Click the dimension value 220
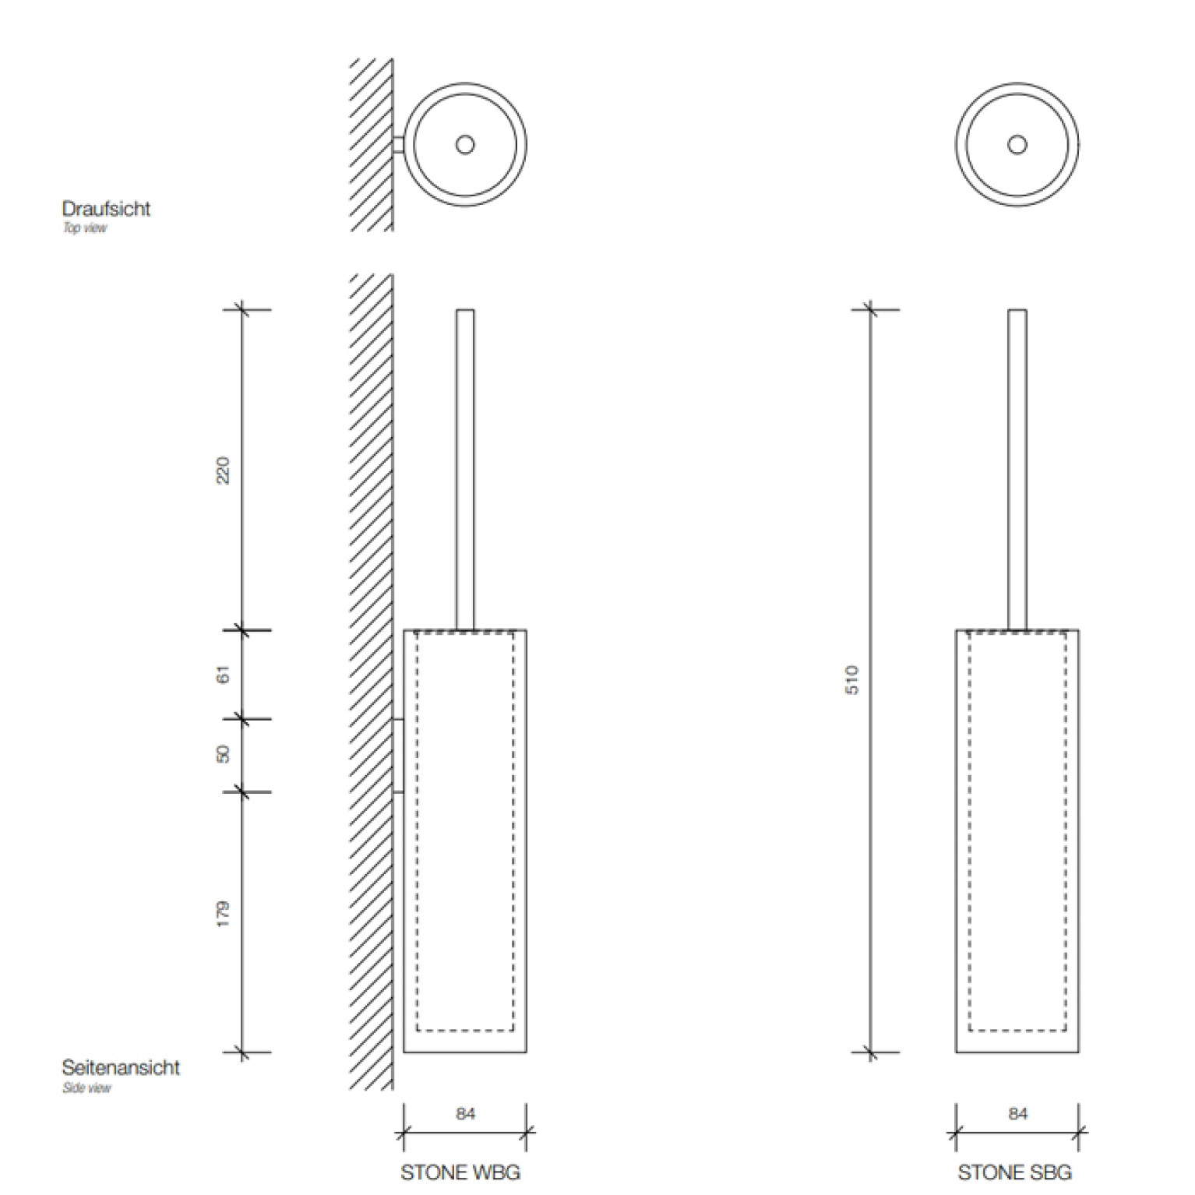(x=224, y=471)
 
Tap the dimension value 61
(x=224, y=675)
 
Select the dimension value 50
(x=224, y=754)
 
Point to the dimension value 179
(x=224, y=914)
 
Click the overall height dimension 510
(x=853, y=679)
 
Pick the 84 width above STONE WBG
(x=465, y=1114)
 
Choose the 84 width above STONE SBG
(x=1017, y=1114)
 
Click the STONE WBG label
(x=460, y=1172)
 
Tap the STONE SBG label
(x=1014, y=1172)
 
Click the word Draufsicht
(x=106, y=209)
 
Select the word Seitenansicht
(x=121, y=1067)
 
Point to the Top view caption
(x=85, y=228)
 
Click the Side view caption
(x=86, y=1087)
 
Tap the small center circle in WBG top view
(x=465, y=144)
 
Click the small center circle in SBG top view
(x=1017, y=144)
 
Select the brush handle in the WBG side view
(x=465, y=470)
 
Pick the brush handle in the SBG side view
(x=1017, y=470)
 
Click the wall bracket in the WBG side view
(x=398, y=756)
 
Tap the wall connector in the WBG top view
(x=398, y=145)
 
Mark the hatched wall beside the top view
(x=371, y=145)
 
